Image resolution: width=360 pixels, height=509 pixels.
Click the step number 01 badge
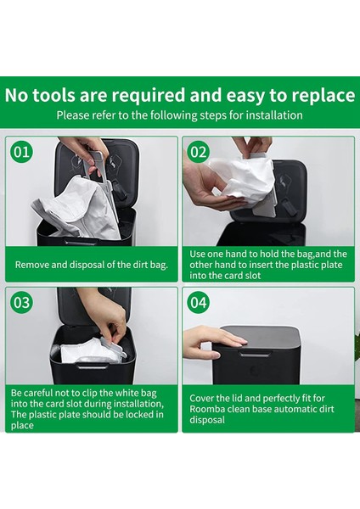pos(22,152)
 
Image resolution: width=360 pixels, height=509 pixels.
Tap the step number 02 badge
pos(199,152)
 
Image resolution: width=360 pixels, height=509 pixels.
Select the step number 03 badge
pos(22,302)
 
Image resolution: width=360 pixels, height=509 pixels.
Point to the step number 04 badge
pos(199,302)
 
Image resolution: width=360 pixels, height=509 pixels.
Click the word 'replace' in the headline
pos(323,95)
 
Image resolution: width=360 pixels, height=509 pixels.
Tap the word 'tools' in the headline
pos(53,95)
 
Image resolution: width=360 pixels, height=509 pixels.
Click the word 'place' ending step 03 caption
pos(22,426)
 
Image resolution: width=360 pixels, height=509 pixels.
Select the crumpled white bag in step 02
pos(242,180)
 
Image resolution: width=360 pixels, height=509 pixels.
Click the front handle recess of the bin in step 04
pos(256,354)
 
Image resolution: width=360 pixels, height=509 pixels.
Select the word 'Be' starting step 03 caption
pos(16,393)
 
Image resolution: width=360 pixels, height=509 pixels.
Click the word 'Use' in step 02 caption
pos(197,254)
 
